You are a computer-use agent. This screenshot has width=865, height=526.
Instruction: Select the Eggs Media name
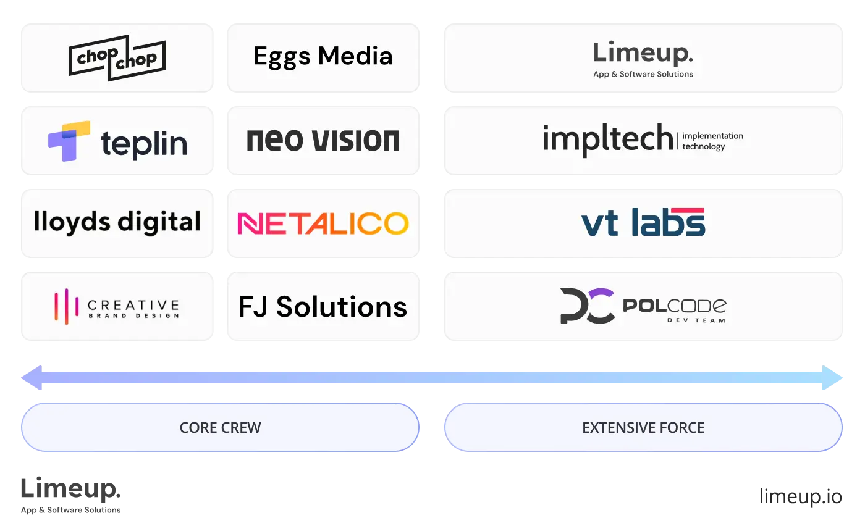(x=323, y=56)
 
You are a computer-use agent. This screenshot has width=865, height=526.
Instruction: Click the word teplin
(x=144, y=144)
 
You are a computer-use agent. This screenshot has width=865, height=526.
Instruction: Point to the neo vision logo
(x=323, y=141)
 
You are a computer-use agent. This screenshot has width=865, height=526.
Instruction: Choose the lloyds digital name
(x=117, y=222)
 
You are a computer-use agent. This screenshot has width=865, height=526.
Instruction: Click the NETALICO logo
(x=323, y=223)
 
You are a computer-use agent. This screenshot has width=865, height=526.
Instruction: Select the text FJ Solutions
(x=323, y=306)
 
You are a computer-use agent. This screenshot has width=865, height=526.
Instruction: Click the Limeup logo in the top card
(x=643, y=53)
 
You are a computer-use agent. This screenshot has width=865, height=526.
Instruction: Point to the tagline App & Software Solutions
(x=643, y=74)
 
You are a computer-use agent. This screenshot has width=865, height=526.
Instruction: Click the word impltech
(x=607, y=138)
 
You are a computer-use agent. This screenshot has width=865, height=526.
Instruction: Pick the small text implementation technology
(x=712, y=141)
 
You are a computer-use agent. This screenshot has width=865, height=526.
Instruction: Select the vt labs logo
(x=643, y=223)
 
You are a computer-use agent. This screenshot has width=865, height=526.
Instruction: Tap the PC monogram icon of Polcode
(x=586, y=306)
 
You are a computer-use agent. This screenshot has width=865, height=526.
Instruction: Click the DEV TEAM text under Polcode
(x=696, y=320)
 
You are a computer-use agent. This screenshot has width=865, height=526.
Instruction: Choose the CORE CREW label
(x=220, y=427)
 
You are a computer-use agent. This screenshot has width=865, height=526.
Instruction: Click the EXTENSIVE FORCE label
(x=643, y=427)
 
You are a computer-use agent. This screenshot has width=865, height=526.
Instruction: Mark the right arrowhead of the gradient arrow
(x=835, y=377)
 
